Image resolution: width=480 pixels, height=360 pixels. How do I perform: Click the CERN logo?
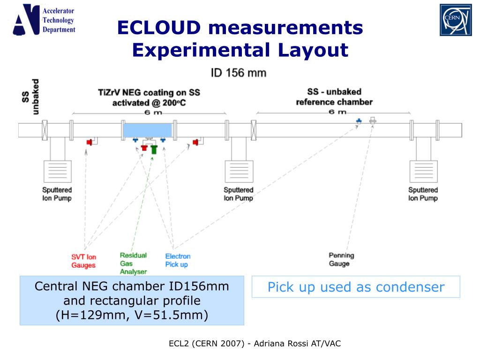pos(455,20)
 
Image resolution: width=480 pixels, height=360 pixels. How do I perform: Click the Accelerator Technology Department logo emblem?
pos(26,20)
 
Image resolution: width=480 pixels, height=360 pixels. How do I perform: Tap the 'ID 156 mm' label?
pos(238,73)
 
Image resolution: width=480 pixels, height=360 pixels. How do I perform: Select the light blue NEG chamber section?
pos(147,129)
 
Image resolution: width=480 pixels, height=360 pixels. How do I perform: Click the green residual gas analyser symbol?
pos(153,150)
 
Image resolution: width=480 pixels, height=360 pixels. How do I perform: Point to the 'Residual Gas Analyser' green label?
pos(133,263)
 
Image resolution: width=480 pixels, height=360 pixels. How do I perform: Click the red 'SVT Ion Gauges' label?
pos(83,261)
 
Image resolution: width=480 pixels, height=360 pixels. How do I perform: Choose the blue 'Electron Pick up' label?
pos(178,260)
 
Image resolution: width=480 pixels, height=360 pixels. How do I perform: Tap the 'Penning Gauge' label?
pos(341,259)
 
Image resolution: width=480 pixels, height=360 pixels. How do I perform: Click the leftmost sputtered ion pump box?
pos(57,172)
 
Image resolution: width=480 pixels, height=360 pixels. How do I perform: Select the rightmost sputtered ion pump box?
pos(423,172)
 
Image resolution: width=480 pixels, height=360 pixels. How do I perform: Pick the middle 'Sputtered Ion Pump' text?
pos(238,194)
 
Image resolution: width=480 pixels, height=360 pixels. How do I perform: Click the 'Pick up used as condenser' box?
pos(356,287)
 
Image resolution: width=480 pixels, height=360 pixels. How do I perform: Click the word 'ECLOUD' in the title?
pos(159,28)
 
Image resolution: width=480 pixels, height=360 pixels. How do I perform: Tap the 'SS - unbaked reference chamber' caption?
pos(334,97)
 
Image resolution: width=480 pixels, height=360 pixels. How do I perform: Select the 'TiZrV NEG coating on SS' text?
pos(149,92)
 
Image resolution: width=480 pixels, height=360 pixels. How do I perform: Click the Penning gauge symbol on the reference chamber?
pos(373,120)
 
